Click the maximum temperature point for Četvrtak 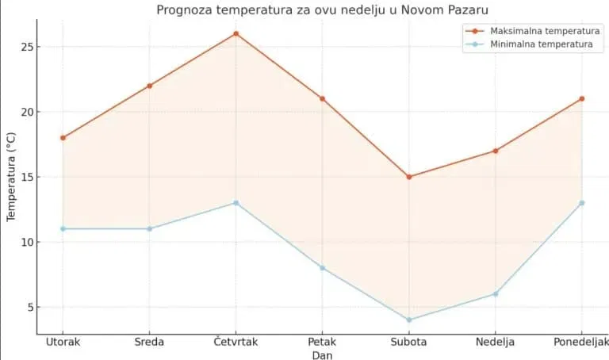click(x=236, y=34)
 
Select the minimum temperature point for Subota click(x=409, y=320)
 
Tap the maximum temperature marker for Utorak click(x=63, y=138)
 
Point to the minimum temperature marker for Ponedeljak click(x=582, y=203)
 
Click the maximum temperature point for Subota click(x=409, y=177)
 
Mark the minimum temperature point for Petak click(x=323, y=268)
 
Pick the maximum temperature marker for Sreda click(x=150, y=86)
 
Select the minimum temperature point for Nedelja click(x=496, y=294)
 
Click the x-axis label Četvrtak click(x=236, y=343)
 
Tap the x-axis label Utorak click(x=63, y=343)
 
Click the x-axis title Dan click(x=322, y=355)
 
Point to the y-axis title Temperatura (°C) click(x=11, y=176)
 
